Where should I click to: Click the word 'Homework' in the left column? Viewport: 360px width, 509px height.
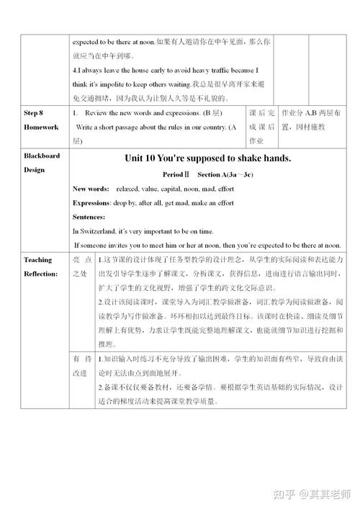(40, 127)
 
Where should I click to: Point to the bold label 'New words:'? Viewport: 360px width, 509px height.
(91, 189)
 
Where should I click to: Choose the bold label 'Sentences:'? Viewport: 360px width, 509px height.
(89, 217)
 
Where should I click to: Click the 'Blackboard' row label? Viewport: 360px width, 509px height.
(42, 156)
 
